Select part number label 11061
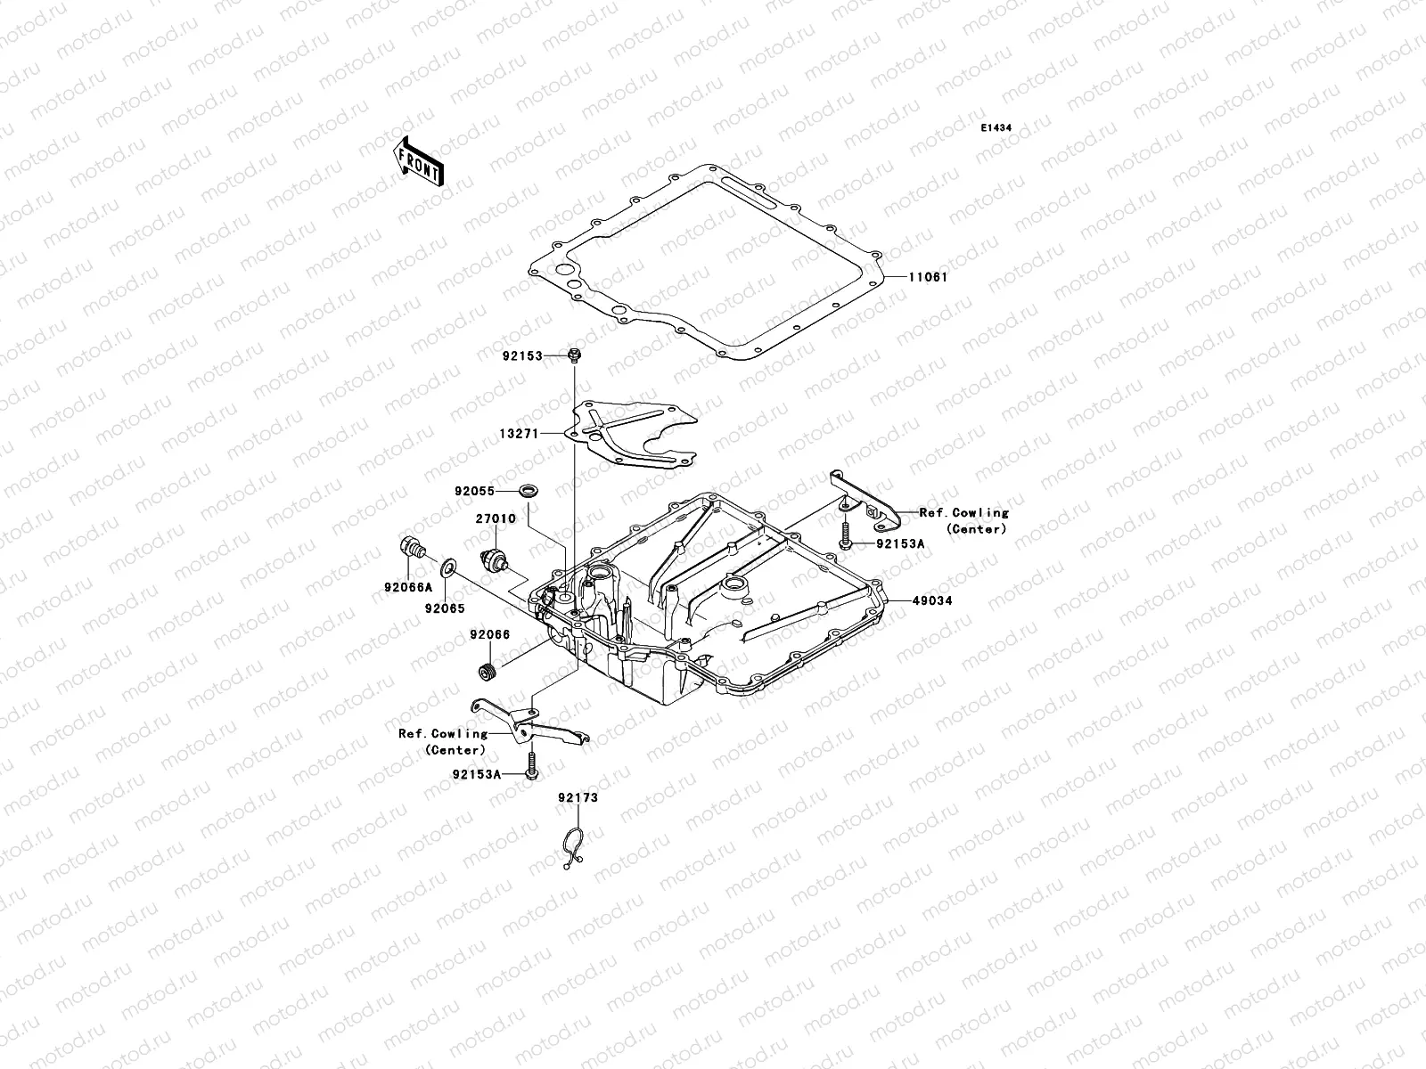pos(928,277)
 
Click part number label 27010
pos(491,518)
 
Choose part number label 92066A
pos(408,586)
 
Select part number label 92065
pos(444,608)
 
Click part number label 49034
pos(931,600)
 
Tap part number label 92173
pos(578,797)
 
